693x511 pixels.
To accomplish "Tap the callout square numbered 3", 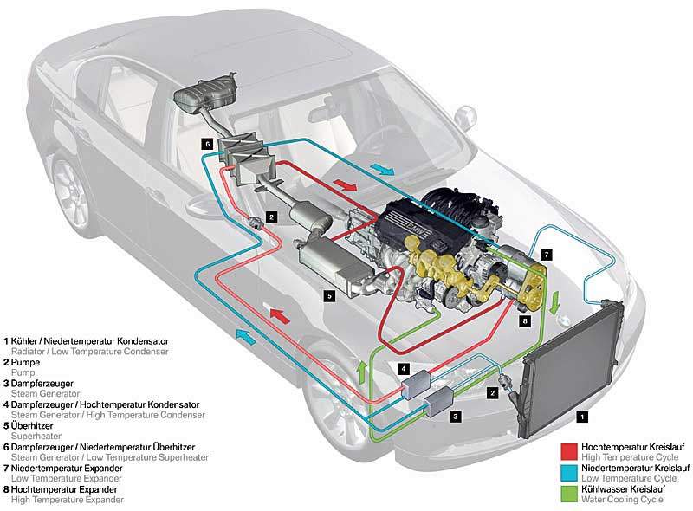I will pos(455,415).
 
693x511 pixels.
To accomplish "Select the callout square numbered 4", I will pos(403,369).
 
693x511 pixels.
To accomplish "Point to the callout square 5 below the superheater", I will pos(330,295).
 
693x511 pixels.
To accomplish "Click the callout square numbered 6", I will pos(206,143).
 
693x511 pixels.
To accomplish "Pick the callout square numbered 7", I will pos(546,255).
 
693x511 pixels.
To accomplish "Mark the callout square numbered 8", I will pos(524,320).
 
